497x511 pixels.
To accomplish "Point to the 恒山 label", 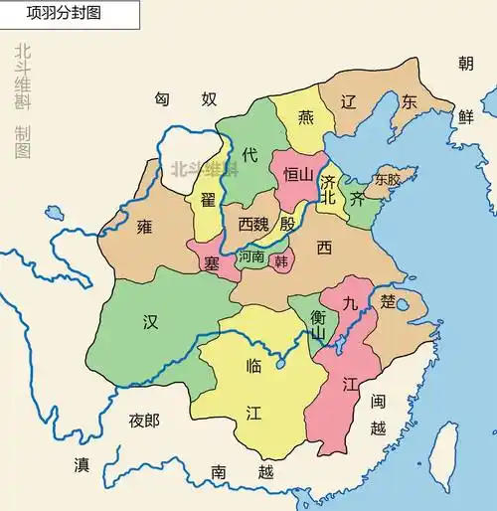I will point(299,175).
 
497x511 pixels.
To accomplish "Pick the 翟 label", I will point(208,200).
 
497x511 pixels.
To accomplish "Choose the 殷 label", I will point(287,223).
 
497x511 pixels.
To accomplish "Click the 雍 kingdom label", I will point(145,227).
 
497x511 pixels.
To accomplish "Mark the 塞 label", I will point(211,263).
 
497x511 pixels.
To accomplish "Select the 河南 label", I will point(251,256).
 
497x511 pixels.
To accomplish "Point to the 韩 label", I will point(281,261).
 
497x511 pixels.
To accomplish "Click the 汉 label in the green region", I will point(150,321).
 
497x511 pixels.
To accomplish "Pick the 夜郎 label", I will point(144,421).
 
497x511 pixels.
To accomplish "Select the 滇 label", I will point(82,465).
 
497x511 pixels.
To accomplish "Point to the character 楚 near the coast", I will point(388,299).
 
